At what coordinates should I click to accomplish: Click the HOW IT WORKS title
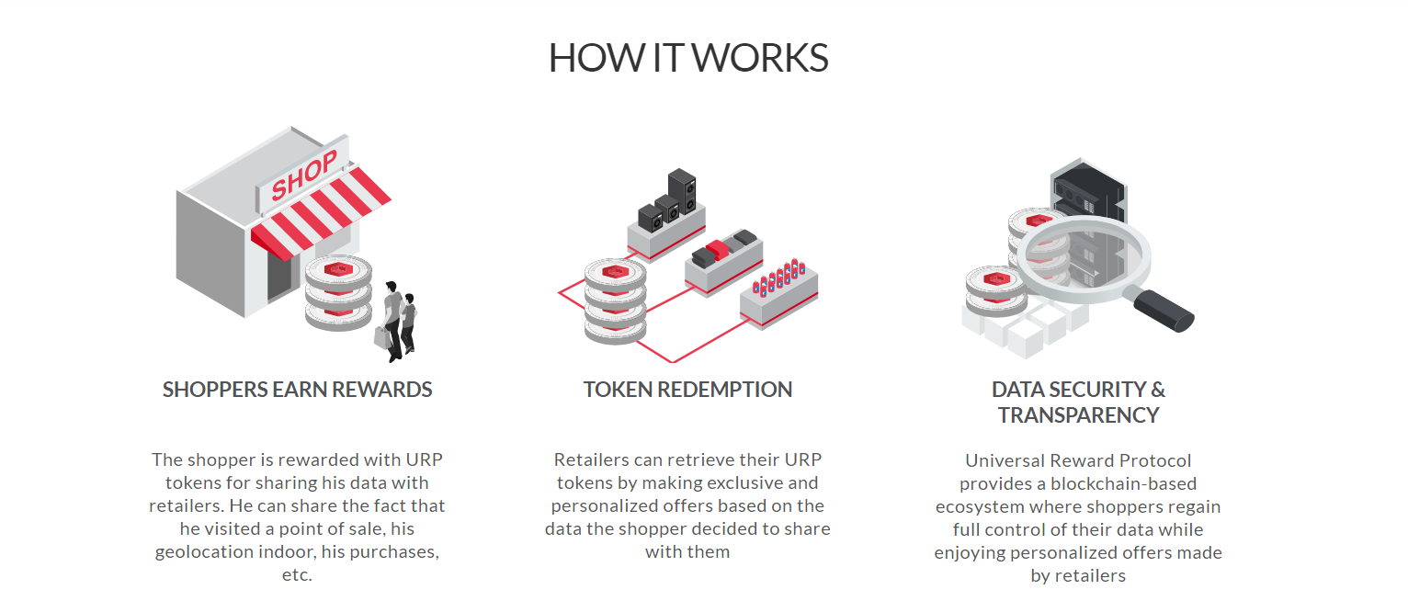pyautogui.click(x=688, y=58)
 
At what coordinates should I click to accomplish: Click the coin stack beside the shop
pyautogui.click(x=338, y=292)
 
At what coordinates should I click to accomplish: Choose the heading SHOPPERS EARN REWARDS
pyautogui.click(x=297, y=390)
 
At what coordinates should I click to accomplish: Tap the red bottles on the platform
pyautogui.click(x=778, y=277)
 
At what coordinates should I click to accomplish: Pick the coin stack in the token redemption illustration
pyautogui.click(x=614, y=303)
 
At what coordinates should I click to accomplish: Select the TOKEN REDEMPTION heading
pyautogui.click(x=687, y=390)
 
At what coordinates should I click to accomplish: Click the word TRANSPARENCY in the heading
pyautogui.click(x=1078, y=415)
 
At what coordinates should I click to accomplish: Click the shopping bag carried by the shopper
pyautogui.click(x=381, y=337)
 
